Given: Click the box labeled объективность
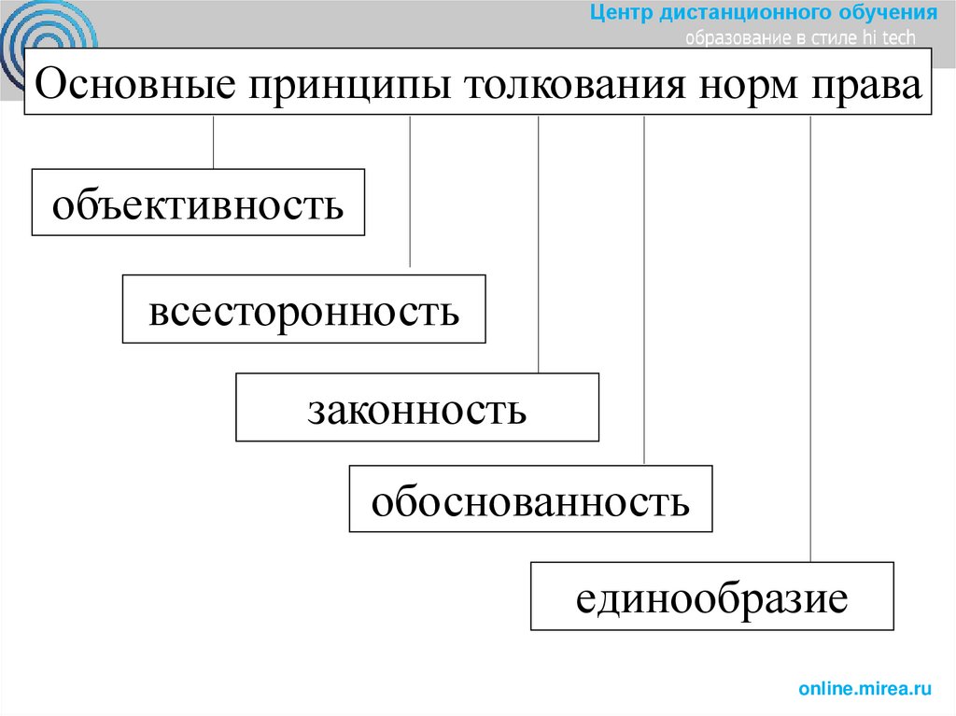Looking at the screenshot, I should pos(198,202).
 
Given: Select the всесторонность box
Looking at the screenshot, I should pos(303,309).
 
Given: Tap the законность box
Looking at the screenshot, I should pos(417,408).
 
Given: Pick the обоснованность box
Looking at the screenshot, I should pos(530,499).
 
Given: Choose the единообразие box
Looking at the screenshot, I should pos(711,596).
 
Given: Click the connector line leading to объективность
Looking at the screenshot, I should pos(214,142).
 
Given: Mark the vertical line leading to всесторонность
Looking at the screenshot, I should pos(411,191).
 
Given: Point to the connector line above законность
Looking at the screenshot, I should pos(539,243).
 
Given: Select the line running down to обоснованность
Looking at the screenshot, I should pos(644,289).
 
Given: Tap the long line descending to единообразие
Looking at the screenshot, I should pos(810,336).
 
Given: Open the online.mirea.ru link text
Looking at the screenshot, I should pos(865,689).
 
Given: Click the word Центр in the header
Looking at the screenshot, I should pos(620,13).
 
